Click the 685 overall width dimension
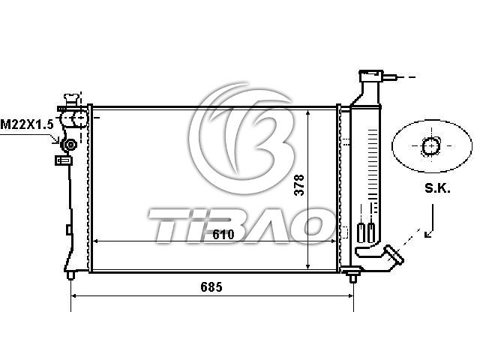point(211,287)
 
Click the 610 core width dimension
point(223,235)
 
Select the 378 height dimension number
point(299,185)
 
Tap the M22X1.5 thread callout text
point(27,124)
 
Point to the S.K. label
point(437,188)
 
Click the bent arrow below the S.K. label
point(430,221)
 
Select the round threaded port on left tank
point(70,145)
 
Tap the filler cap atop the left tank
point(71,100)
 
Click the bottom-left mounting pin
point(70,275)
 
